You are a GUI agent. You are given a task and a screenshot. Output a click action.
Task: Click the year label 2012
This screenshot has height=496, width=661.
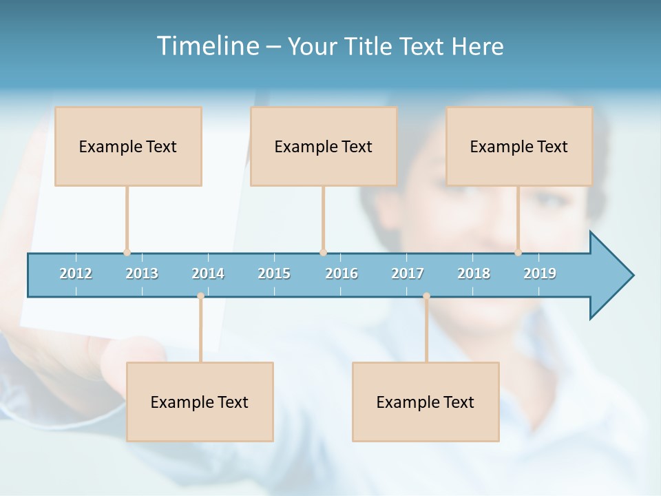[x=76, y=273]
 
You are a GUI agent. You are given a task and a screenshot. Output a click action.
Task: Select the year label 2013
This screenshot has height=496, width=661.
[x=142, y=273]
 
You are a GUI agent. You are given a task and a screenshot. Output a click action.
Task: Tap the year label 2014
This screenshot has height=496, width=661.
[x=208, y=273]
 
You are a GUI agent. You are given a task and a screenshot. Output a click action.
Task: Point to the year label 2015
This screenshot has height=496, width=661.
[x=274, y=273]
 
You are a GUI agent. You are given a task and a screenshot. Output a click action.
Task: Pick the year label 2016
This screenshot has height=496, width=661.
[x=342, y=273]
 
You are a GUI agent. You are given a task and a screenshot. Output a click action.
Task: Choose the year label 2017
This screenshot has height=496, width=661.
[x=408, y=273]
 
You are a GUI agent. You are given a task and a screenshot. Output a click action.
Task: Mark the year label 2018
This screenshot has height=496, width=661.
[x=474, y=273]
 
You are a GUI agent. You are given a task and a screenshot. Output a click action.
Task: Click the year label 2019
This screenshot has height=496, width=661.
[x=540, y=273]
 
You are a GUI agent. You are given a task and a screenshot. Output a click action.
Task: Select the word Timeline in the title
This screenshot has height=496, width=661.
[x=207, y=46]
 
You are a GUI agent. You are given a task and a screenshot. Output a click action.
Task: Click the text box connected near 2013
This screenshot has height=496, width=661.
[x=128, y=146]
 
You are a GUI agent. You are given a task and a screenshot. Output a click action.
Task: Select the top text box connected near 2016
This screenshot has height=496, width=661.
[x=324, y=146]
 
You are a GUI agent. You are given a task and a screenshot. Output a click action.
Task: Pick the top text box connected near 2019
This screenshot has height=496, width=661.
[x=519, y=146]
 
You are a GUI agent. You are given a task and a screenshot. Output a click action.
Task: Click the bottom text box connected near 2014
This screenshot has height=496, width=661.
[x=200, y=402]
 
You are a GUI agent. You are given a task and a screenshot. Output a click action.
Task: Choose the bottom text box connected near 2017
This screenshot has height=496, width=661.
[x=426, y=402]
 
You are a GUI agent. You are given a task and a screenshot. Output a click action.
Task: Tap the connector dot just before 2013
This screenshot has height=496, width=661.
[x=127, y=252]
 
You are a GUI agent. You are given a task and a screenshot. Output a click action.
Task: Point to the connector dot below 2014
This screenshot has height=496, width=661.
[x=200, y=296]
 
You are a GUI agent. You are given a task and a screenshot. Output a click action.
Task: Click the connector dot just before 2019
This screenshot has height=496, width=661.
[x=518, y=252]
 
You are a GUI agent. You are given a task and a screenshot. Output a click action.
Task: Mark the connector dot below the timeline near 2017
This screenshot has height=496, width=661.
[x=426, y=296]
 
